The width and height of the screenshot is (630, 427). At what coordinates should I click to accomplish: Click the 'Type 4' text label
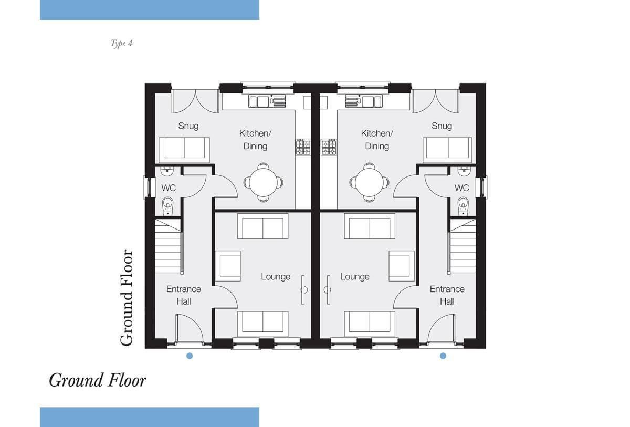[121, 43]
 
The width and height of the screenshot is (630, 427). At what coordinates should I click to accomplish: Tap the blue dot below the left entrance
[190, 356]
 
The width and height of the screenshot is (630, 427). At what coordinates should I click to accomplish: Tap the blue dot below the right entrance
[443, 356]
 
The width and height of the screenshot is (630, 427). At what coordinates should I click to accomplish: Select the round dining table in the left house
[264, 182]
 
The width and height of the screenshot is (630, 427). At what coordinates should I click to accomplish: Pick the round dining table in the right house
[369, 182]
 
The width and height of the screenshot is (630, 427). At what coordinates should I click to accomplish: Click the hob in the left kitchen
[303, 147]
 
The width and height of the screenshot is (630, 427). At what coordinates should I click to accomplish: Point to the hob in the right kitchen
[329, 147]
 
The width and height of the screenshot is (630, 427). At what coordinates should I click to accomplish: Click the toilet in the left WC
[168, 206]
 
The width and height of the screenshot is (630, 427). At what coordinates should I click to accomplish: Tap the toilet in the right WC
[463, 206]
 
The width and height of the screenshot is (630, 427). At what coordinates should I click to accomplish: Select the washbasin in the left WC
[167, 171]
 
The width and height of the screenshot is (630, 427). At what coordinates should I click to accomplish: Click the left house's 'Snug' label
[188, 126]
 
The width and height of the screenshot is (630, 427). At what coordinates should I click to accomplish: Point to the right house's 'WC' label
[462, 188]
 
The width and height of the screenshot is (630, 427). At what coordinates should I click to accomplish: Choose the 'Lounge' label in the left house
[276, 276]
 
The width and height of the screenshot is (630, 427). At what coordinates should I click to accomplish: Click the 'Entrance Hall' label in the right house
[447, 295]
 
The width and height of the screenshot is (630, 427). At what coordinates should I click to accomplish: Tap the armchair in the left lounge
[228, 266]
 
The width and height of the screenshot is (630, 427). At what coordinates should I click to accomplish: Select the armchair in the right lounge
[402, 266]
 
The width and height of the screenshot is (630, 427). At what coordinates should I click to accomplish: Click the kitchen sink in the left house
[267, 101]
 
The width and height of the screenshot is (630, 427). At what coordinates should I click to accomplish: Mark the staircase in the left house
[168, 246]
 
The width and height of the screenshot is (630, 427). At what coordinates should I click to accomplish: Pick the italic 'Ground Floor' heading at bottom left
[97, 380]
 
